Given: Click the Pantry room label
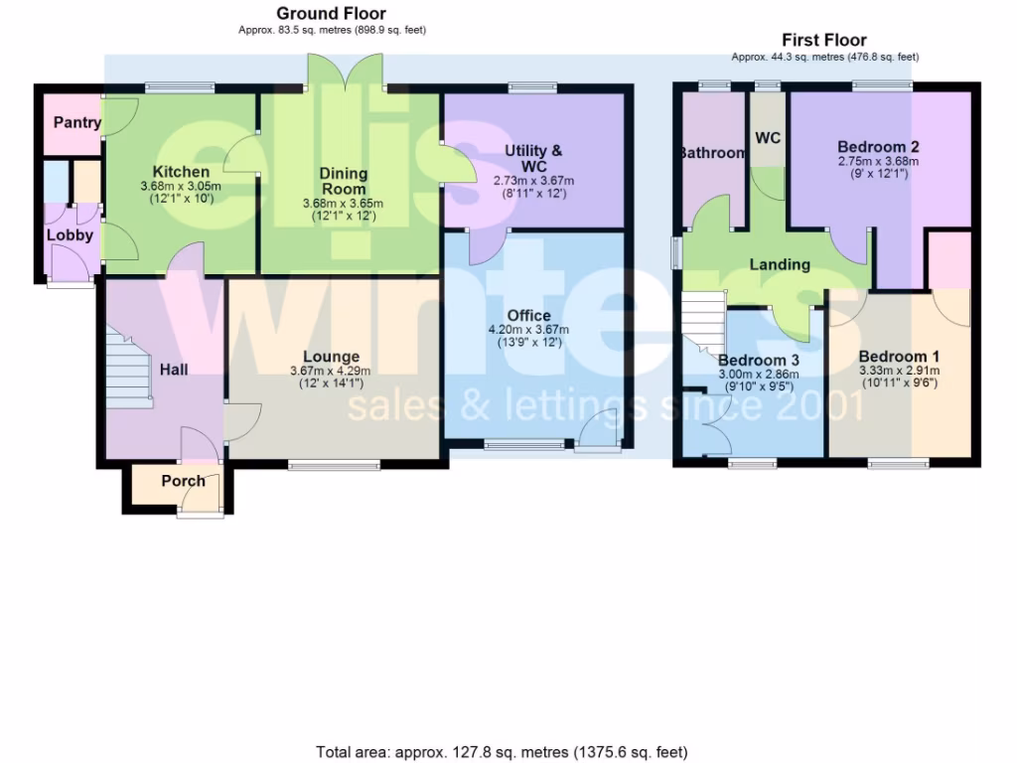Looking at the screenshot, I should click(77, 123).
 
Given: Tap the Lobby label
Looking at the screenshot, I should click(70, 235).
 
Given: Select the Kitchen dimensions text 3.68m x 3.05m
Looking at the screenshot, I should click(181, 186).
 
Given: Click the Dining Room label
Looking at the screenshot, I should click(344, 181).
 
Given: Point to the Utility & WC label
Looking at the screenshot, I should click(533, 158).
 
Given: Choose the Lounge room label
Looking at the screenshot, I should click(332, 357).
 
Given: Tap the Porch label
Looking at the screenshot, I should click(183, 481).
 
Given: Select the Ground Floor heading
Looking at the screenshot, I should click(331, 14).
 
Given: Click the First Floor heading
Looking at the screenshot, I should click(824, 41).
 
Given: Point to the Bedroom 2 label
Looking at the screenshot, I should click(878, 147).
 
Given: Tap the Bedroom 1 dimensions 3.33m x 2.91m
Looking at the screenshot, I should click(899, 371).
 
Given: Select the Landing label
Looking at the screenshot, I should click(779, 264).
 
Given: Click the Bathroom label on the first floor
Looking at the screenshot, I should click(711, 153).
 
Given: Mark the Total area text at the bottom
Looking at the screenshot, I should click(502, 752).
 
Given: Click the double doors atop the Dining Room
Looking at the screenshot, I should click(344, 71).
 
